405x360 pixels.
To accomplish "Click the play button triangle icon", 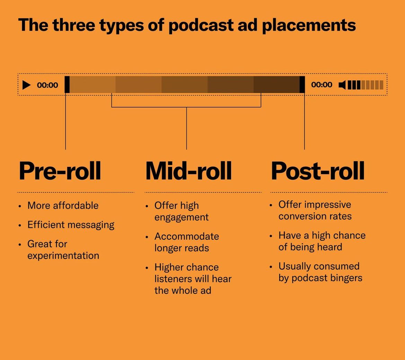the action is point(26,85).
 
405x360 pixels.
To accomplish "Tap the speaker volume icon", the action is point(342,85).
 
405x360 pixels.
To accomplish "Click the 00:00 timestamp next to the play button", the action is point(47,85).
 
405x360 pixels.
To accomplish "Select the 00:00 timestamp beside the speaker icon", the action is point(322,85).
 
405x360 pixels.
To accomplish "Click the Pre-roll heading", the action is point(60,171).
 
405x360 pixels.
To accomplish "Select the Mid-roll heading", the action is point(188,171).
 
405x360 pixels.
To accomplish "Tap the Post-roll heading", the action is point(317,171).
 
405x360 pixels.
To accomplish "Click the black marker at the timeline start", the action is point(67,84).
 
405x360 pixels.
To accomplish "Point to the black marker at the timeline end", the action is point(302,84).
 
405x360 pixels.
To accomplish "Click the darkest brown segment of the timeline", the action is point(276,84).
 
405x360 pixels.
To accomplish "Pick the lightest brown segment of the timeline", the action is point(93,84).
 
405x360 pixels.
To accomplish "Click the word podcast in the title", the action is point(201,25).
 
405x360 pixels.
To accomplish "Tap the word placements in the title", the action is point(309,25).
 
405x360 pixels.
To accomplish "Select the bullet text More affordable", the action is point(63,206).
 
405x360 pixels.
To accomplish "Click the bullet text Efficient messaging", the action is point(71,225).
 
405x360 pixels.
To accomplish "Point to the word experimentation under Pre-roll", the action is point(63,256).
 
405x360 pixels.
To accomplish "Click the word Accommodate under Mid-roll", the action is point(187,236).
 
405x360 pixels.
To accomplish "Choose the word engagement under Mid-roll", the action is point(181,217).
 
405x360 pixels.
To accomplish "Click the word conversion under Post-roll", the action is point(301,216).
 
